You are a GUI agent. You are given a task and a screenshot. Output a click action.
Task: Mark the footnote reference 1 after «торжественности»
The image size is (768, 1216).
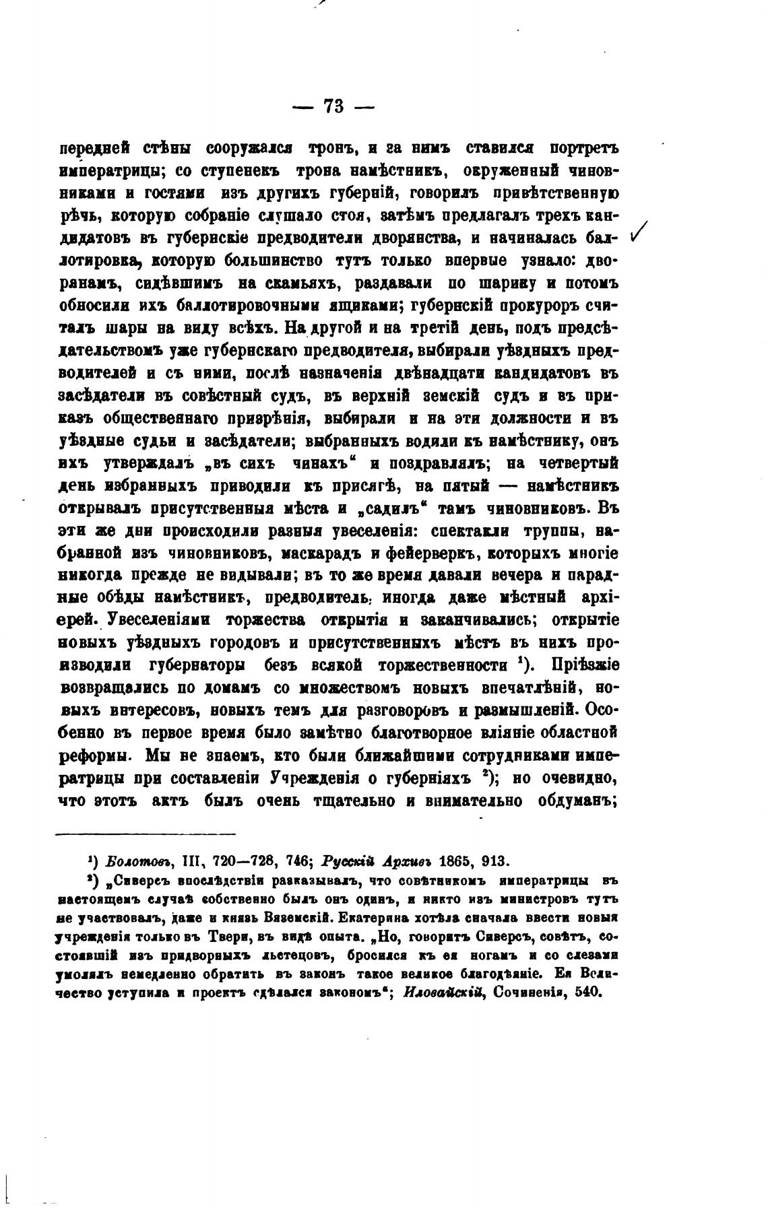[522, 661]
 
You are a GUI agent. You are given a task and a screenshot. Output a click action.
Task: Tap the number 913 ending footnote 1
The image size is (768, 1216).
[496, 860]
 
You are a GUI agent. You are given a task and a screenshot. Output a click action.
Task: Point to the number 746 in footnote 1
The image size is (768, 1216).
[294, 860]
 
